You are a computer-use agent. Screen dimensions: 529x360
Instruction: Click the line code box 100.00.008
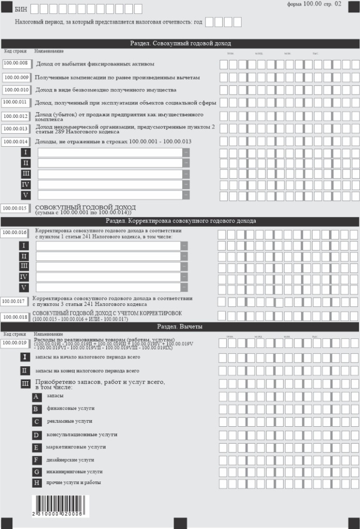click(15, 64)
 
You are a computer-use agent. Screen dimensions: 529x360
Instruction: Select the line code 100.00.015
click(15, 208)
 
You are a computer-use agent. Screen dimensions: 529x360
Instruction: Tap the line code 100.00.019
click(15, 342)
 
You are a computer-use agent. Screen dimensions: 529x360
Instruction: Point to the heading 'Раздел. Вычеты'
click(180, 326)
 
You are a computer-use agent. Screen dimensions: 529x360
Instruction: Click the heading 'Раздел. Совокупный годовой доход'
click(180, 43)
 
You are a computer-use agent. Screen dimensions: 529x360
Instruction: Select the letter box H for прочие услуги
click(37, 483)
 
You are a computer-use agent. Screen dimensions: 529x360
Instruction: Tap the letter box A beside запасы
click(37, 397)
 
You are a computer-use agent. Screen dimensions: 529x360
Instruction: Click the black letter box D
click(37, 435)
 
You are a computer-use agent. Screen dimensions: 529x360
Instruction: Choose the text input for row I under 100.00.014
click(109, 152)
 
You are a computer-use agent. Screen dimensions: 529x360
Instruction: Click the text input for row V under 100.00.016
click(108, 287)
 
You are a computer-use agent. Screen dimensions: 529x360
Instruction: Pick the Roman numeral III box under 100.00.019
click(25, 384)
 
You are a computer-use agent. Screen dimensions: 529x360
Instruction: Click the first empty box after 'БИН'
click(35, 9)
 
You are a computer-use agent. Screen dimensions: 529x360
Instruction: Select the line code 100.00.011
click(15, 102)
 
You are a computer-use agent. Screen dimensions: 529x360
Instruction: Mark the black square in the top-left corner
click(6, 6)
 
